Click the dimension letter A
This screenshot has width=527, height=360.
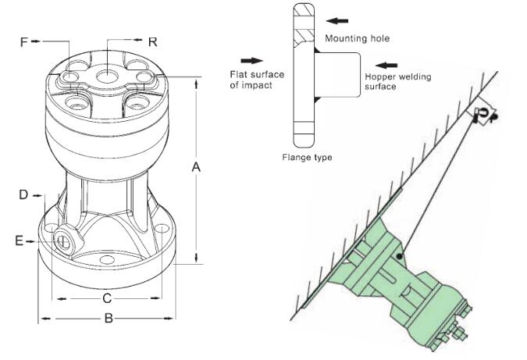pyautogui.click(x=196, y=166)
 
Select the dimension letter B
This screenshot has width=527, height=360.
pyautogui.click(x=109, y=318)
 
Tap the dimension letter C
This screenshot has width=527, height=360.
pyautogui.click(x=108, y=298)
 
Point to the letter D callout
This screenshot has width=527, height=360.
pyautogui.click(x=24, y=193)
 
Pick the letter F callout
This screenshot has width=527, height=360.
pyautogui.click(x=24, y=41)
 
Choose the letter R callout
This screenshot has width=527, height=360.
pyautogui.click(x=153, y=41)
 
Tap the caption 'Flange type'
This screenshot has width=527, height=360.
pyautogui.click(x=307, y=157)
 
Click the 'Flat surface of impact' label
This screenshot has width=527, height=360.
pyautogui.click(x=257, y=79)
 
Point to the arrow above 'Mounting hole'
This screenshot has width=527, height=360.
pyautogui.click(x=336, y=21)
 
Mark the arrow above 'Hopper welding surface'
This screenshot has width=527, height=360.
pyautogui.click(x=386, y=64)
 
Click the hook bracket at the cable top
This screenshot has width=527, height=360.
pyautogui.click(x=482, y=116)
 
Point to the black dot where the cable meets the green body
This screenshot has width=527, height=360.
pyautogui.click(x=400, y=255)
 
